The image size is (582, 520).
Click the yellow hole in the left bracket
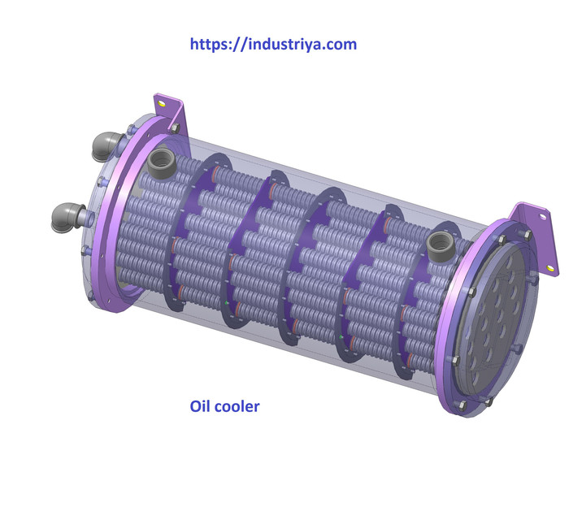(162, 104)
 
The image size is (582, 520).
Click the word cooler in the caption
(237, 405)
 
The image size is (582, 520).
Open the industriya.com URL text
(273, 44)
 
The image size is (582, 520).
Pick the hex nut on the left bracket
(173, 127)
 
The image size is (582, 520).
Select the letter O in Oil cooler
(195, 405)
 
